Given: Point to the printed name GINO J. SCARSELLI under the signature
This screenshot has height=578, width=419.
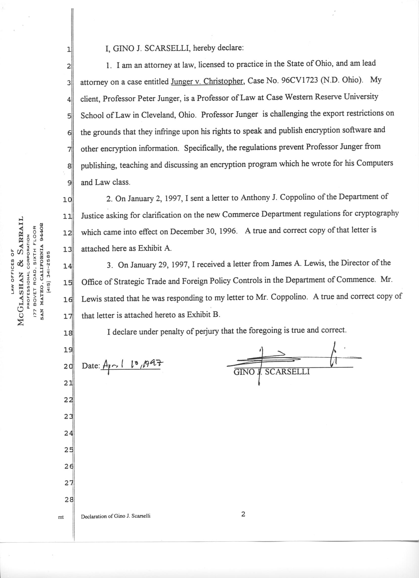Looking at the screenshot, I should click(x=272, y=372).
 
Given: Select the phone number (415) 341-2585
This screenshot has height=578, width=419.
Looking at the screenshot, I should click(x=49, y=271).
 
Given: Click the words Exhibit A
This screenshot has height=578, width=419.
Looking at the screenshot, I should click(x=155, y=249).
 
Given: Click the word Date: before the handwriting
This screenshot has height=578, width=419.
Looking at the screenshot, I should click(x=91, y=366).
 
